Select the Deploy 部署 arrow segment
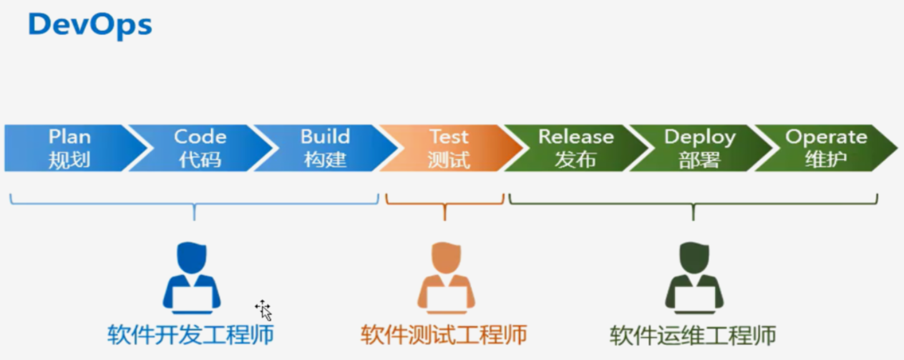699,148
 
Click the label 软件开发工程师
191,334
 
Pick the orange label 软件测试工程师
444,334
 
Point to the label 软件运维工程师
693,335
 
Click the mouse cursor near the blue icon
263,309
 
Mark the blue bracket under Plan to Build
194,203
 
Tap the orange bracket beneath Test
445,203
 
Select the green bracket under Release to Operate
693,203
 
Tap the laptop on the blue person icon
192,299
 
